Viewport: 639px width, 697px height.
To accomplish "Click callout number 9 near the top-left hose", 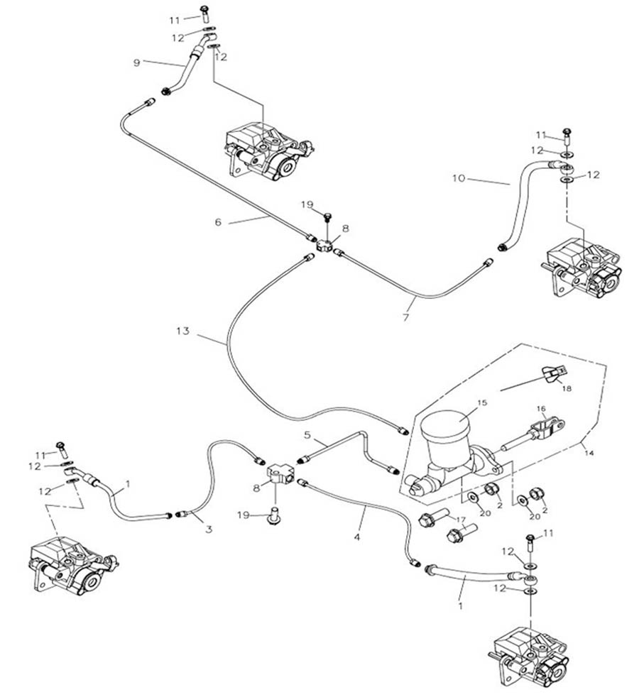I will (x=136, y=62).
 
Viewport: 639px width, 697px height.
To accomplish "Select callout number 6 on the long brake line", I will (x=218, y=222).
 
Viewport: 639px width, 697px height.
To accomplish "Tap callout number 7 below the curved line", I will (x=406, y=317).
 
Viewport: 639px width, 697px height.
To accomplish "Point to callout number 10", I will (x=459, y=178).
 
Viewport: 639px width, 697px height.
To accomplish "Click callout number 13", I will (x=183, y=331).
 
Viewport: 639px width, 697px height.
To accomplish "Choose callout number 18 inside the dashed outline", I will (x=565, y=389).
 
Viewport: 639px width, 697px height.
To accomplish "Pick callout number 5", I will (x=308, y=434).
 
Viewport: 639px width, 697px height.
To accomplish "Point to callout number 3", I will (x=209, y=529).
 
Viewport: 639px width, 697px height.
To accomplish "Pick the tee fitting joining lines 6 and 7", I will (x=326, y=246).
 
